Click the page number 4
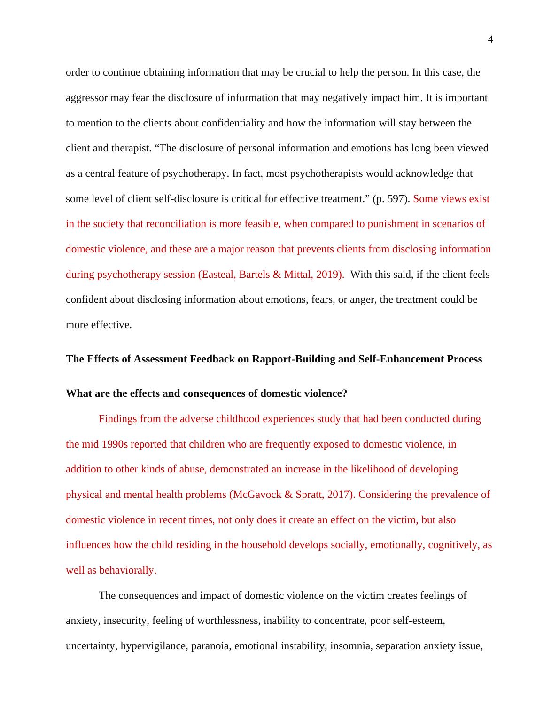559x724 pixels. (490, 40)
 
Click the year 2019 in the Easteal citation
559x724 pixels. (328, 275)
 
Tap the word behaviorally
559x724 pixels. (127, 570)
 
